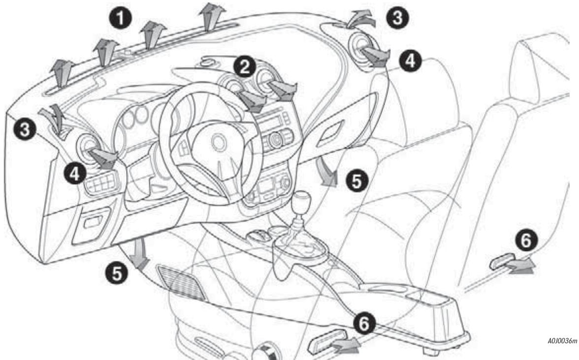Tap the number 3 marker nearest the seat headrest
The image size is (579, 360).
point(397,18)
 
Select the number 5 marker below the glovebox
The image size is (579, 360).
point(354,182)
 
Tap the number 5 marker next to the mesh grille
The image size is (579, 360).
point(115,274)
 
